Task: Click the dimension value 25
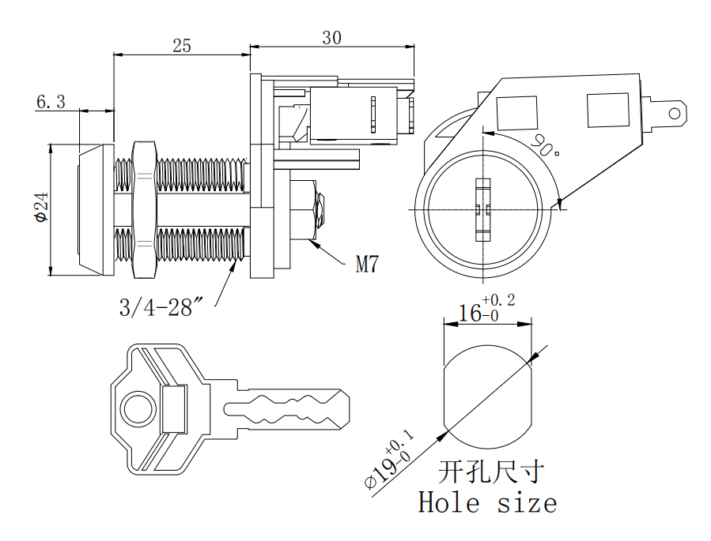[x=182, y=45]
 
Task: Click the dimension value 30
[x=332, y=37]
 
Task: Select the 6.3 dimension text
[x=51, y=101]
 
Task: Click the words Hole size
[x=487, y=502]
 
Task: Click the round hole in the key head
[x=136, y=408]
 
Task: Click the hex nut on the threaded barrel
[x=144, y=209]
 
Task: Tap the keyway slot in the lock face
[x=482, y=209]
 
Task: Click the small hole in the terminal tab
[x=675, y=113]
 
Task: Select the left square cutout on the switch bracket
[x=516, y=113]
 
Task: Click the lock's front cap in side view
[x=93, y=209]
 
